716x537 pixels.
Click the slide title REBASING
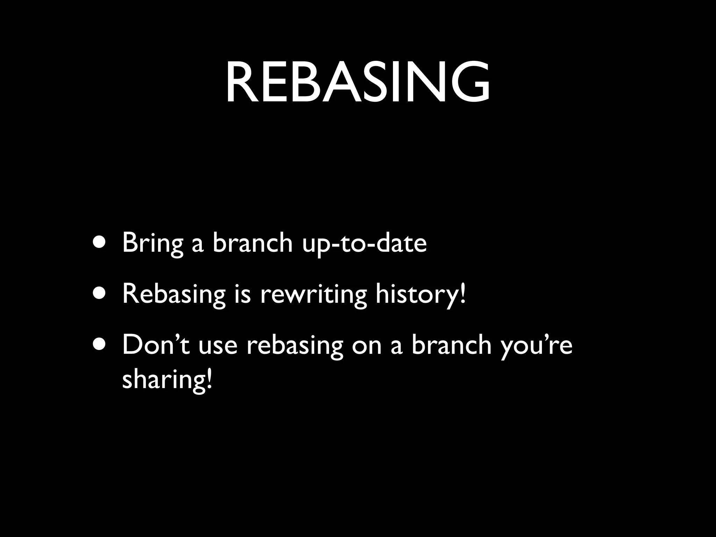point(357,83)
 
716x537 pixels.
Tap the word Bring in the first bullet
point(152,243)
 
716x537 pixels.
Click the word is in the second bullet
point(243,294)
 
